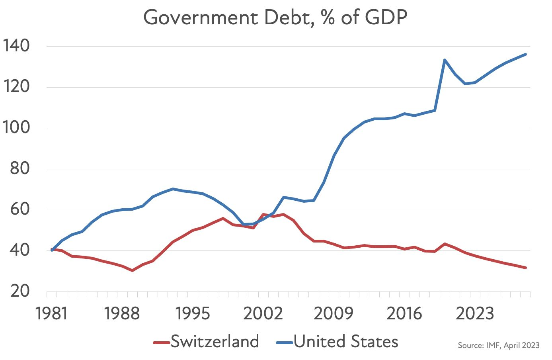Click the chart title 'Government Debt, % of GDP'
click(x=275, y=18)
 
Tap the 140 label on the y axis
click(x=16, y=46)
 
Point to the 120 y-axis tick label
click(x=16, y=87)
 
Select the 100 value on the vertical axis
click(x=16, y=128)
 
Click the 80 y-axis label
click(x=20, y=169)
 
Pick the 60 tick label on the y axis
click(x=20, y=209)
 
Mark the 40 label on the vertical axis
click(x=20, y=250)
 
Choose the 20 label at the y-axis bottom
click(x=20, y=292)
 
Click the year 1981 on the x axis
click(x=52, y=314)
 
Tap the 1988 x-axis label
click(x=122, y=314)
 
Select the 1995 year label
click(x=193, y=314)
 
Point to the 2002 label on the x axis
click(x=263, y=314)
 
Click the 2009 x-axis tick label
click(x=334, y=314)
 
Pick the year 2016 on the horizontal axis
click(x=404, y=314)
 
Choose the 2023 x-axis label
click(x=474, y=314)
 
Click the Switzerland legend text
click(x=215, y=342)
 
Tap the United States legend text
click(x=346, y=342)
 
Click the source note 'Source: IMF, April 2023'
click(x=499, y=345)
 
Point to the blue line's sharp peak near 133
click(x=445, y=60)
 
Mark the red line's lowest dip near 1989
click(x=132, y=270)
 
